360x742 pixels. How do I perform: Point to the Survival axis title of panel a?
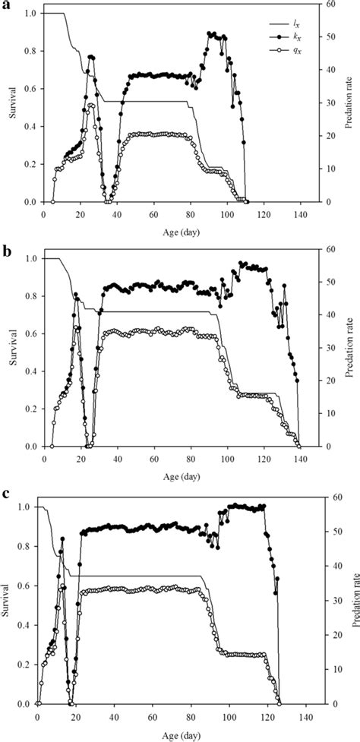coord(9,107)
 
